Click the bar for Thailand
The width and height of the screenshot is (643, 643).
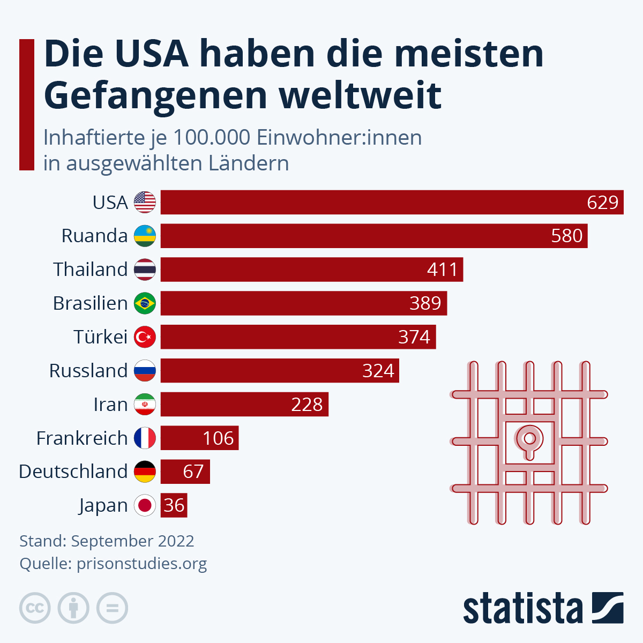311,270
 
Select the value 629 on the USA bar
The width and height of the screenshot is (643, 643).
602,203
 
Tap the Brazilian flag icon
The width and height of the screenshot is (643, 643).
145,303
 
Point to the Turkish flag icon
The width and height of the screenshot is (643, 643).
145,337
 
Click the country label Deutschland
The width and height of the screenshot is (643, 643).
73,472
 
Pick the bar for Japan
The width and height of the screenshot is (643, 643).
174,505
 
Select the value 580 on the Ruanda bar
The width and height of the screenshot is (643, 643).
566,236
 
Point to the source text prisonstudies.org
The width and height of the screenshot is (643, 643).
141,564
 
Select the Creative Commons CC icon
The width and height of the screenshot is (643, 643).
35,608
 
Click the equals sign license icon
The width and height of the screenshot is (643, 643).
112,608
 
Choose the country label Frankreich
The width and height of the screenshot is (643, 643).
82,438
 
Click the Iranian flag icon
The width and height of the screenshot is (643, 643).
145,405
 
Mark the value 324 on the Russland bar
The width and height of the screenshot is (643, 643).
378,371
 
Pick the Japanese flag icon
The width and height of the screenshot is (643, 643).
145,505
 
